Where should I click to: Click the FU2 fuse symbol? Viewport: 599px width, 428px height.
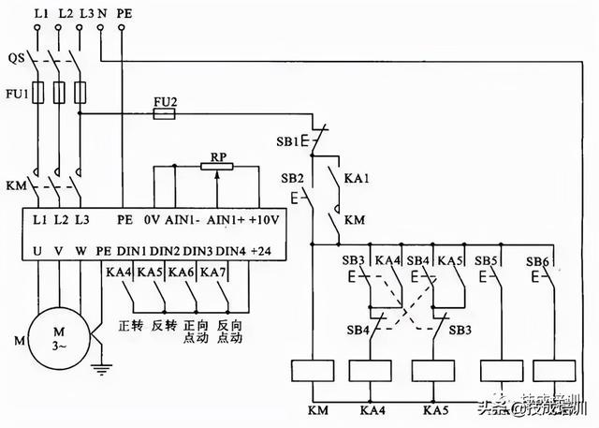(165, 113)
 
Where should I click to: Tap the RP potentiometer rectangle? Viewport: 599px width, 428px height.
(217, 166)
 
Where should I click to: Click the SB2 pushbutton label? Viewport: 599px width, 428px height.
(293, 178)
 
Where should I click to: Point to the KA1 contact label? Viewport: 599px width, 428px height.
(357, 178)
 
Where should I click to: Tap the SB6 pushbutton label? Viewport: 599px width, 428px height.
(536, 259)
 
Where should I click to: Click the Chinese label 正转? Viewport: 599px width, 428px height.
(130, 327)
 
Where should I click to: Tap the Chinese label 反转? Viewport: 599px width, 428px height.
(163, 327)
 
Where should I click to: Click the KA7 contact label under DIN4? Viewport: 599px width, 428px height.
(214, 272)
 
